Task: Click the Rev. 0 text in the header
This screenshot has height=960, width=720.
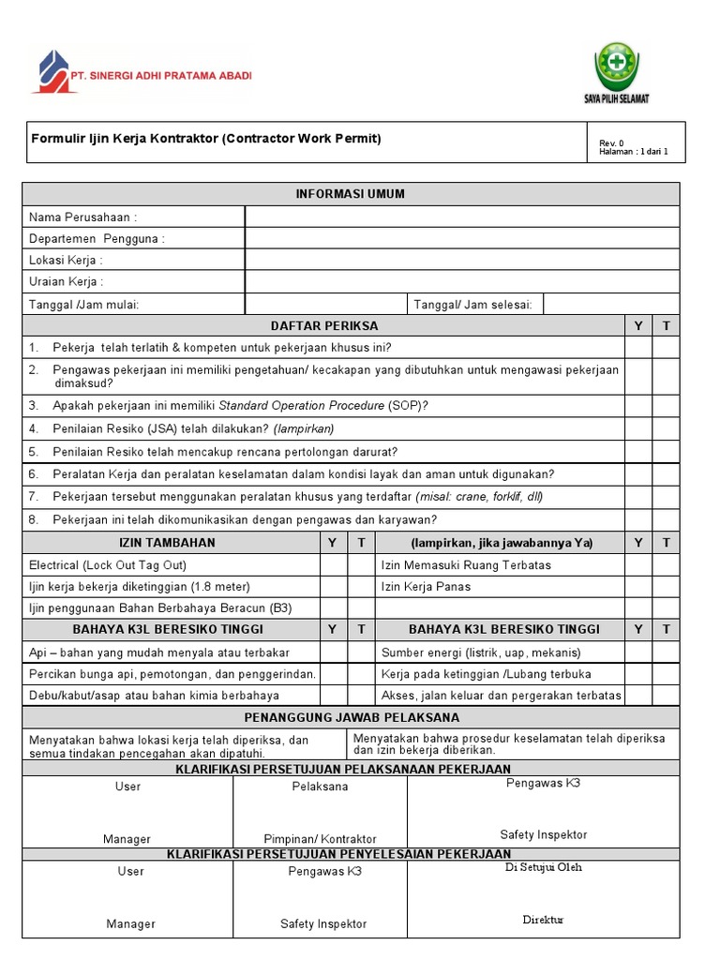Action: click(x=611, y=142)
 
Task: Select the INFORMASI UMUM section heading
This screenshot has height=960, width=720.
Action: click(x=351, y=194)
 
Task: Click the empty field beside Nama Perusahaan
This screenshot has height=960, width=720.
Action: click(x=461, y=217)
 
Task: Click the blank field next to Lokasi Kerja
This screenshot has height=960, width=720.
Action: click(x=461, y=260)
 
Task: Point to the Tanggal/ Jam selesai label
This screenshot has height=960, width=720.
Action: click(x=473, y=304)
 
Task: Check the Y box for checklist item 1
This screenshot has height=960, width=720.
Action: click(x=638, y=348)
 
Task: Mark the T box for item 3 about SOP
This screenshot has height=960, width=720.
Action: click(x=666, y=406)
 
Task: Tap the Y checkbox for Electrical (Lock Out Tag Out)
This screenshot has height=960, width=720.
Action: click(x=334, y=565)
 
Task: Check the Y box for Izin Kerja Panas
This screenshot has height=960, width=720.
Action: click(x=638, y=587)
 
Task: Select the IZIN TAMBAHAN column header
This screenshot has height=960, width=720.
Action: click(x=167, y=543)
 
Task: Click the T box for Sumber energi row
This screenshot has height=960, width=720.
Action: click(x=666, y=652)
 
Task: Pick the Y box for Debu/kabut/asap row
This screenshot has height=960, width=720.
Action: click(x=334, y=696)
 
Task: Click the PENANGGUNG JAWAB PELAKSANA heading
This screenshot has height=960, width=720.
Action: click(x=351, y=717)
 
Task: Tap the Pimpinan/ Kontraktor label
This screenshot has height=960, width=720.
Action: click(x=320, y=839)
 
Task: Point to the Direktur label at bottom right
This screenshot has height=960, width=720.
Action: click(x=543, y=920)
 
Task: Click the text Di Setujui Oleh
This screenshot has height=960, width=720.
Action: click(x=543, y=867)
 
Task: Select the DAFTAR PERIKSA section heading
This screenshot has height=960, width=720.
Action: click(x=324, y=325)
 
